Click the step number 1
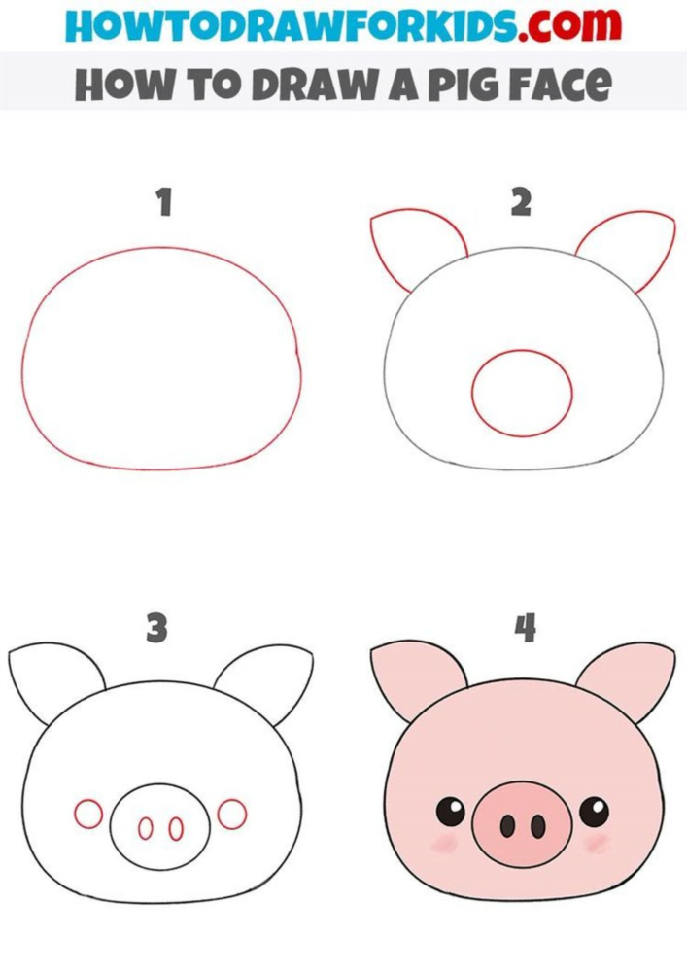[164, 202]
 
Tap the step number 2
[521, 202]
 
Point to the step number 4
[526, 627]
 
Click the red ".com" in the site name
[570, 25]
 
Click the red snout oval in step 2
[522, 351]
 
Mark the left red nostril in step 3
[145, 829]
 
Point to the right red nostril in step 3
[177, 829]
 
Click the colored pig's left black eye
[450, 811]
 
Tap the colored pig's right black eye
[594, 811]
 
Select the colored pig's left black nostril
[507, 825]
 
